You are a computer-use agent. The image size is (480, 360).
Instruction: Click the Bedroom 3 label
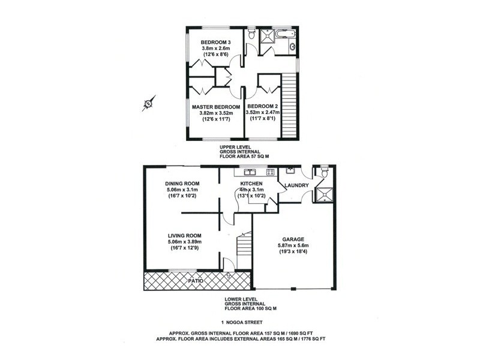[x=215, y=42]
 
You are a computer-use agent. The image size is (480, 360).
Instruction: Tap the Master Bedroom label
[x=216, y=107]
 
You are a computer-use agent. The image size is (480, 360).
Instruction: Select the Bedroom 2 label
[x=262, y=106]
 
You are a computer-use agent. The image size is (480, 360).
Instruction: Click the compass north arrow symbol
[x=149, y=103]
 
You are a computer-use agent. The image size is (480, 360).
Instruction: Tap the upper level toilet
[x=251, y=34]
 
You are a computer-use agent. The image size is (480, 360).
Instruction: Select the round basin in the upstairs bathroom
[x=293, y=47]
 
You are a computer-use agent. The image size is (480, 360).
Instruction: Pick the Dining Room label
[x=182, y=184]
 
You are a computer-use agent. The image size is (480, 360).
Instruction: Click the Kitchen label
[x=251, y=184]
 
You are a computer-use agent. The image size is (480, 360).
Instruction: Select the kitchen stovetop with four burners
[x=271, y=172]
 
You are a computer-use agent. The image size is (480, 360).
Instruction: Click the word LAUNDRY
[x=296, y=185]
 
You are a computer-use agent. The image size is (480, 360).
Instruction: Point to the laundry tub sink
[x=290, y=170]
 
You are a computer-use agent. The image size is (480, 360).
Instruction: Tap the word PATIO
[x=196, y=281]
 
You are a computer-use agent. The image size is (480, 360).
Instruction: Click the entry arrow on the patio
[x=228, y=275]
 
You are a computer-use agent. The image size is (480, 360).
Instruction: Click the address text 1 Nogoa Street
[x=242, y=322]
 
